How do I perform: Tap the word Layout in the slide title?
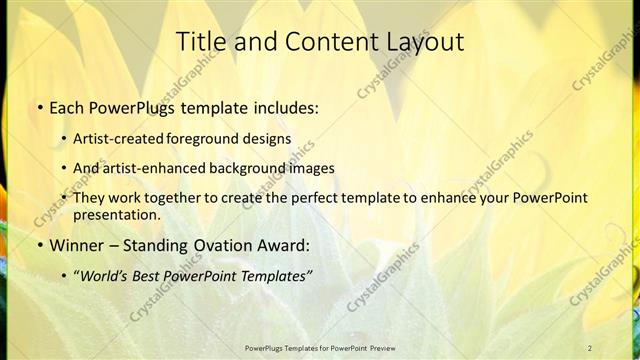coord(422,41)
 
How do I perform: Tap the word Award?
coord(283,245)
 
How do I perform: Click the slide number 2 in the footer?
coord(590,347)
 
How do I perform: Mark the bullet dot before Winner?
coord(39,246)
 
